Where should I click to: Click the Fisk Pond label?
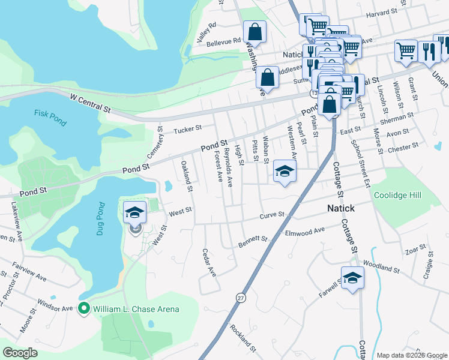tap(50, 113)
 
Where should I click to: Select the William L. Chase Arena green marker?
tap(84, 309)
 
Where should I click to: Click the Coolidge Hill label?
tap(397, 196)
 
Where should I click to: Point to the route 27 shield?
tap(241, 298)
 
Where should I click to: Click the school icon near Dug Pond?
tap(134, 212)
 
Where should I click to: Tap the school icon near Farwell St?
tap(352, 277)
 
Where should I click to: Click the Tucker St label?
tap(187, 129)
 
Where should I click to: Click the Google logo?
tap(20, 352)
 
